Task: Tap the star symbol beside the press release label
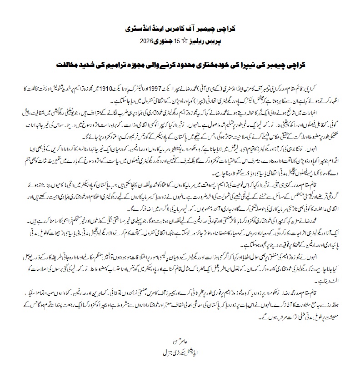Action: tap(185, 40)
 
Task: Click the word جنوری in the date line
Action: tap(164, 40)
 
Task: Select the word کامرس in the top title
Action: tap(186, 29)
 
